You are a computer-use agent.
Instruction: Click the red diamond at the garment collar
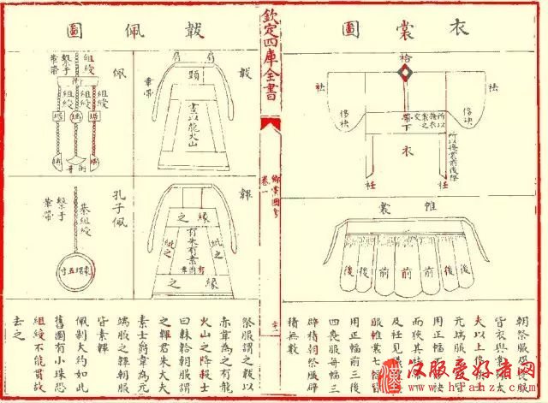403,74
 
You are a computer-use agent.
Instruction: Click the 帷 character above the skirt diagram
427,208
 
